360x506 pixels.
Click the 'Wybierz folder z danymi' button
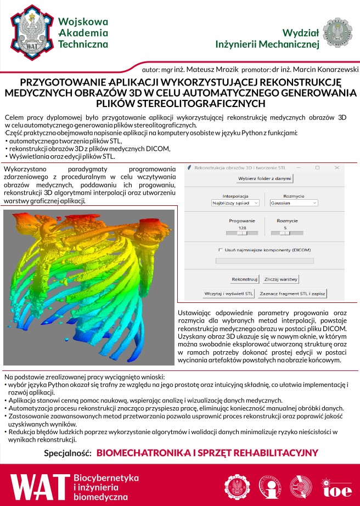[x=265, y=179]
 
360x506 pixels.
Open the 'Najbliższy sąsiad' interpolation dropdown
[x=235, y=203]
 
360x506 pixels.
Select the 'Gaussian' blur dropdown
[x=294, y=203]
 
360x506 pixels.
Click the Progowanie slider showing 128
[x=242, y=233]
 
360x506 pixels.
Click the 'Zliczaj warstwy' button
[x=282, y=279]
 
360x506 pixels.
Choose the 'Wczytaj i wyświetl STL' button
[x=229, y=293]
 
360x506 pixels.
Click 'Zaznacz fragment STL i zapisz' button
[x=292, y=293]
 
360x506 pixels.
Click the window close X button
[x=336, y=167]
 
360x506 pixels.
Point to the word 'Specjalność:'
[x=67, y=453]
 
